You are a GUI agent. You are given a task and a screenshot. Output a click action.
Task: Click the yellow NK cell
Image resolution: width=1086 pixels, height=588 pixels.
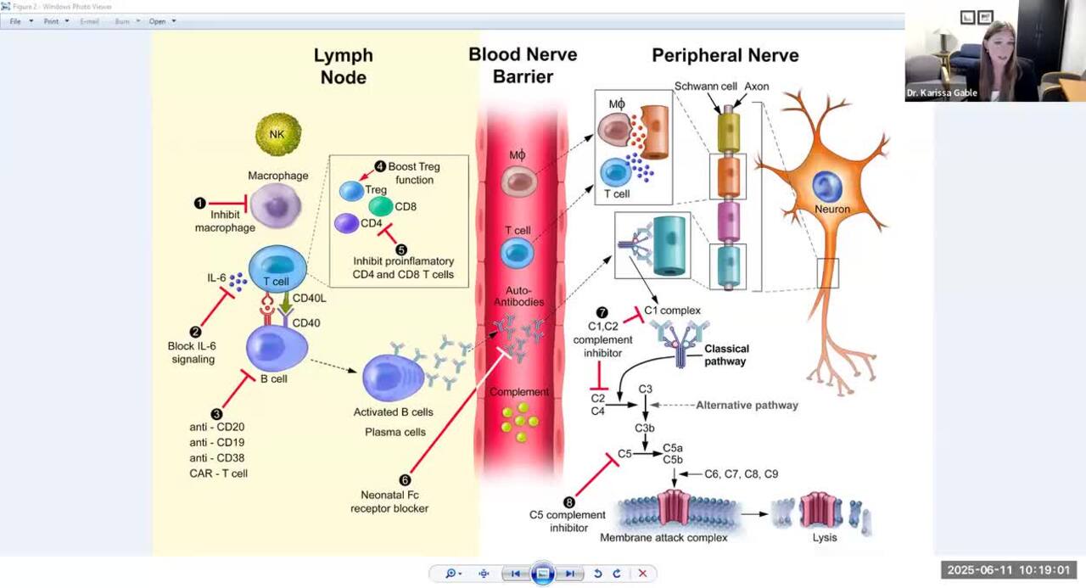[278, 133]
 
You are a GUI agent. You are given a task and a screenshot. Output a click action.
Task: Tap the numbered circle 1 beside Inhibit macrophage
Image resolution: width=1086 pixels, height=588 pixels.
[200, 203]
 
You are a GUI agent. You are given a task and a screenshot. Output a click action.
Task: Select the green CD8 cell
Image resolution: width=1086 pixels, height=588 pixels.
[381, 206]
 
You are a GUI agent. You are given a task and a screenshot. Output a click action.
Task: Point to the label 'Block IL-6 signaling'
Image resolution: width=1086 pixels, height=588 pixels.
[193, 352]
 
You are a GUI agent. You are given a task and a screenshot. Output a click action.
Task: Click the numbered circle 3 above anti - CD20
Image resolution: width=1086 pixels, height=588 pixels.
[217, 413]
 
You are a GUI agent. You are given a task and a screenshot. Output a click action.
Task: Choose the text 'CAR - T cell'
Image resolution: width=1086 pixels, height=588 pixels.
[219, 473]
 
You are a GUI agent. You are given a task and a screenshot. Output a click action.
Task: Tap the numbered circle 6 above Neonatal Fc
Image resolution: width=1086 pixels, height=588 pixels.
[405, 479]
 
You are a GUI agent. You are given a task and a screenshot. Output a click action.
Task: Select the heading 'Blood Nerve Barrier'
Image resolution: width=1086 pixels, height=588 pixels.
[523, 65]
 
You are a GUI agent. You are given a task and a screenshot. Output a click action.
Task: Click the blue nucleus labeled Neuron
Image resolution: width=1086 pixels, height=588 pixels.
[827, 187]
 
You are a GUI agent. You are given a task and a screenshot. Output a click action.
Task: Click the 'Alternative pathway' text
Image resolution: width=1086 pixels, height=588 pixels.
[747, 406]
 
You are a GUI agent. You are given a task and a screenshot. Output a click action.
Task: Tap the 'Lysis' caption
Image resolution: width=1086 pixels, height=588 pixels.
[824, 537]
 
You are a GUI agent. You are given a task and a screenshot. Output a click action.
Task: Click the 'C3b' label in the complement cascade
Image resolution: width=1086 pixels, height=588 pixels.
[646, 428]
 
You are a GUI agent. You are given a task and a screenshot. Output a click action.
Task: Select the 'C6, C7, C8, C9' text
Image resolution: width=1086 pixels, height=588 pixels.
[741, 474]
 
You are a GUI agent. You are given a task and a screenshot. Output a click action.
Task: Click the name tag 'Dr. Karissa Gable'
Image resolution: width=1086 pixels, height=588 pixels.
[941, 93]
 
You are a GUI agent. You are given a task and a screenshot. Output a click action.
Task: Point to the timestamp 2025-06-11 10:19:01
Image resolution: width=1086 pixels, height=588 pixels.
[1008, 570]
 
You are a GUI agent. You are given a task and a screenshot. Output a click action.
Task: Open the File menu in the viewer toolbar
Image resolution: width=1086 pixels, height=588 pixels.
[15, 21]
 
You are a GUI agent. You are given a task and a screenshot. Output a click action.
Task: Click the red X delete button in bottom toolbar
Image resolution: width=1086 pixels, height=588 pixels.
[642, 574]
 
